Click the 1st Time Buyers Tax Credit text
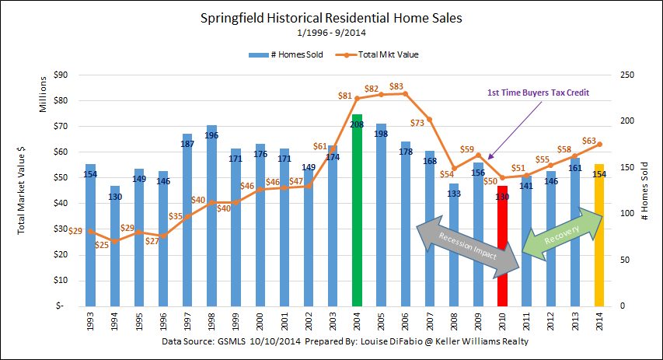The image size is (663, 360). point(538,93)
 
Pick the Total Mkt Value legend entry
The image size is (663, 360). point(371,54)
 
